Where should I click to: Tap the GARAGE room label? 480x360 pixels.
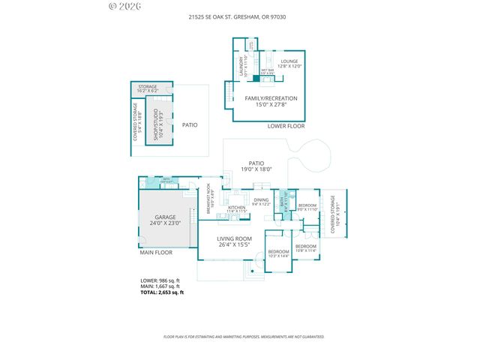166,217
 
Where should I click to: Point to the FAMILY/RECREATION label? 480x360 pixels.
271,98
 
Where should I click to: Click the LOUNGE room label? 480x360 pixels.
289,61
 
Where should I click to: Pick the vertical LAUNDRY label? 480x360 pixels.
241,67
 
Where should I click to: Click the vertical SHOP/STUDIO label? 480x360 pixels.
156,125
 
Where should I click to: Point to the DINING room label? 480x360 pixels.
261,200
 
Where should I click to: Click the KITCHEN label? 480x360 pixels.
237,208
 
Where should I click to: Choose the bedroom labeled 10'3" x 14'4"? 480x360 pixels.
279,253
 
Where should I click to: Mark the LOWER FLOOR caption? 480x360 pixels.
286,126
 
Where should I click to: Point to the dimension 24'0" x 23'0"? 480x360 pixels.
166,223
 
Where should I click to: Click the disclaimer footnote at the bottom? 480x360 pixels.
244,337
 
